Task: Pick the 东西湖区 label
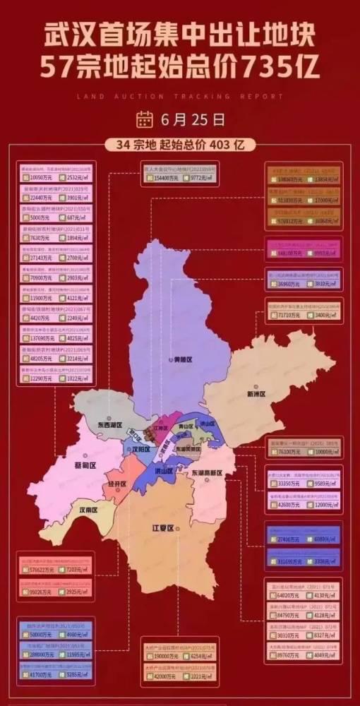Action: tap(110, 426)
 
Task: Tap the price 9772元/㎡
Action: tap(201, 179)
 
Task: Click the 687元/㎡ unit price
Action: tap(75, 217)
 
